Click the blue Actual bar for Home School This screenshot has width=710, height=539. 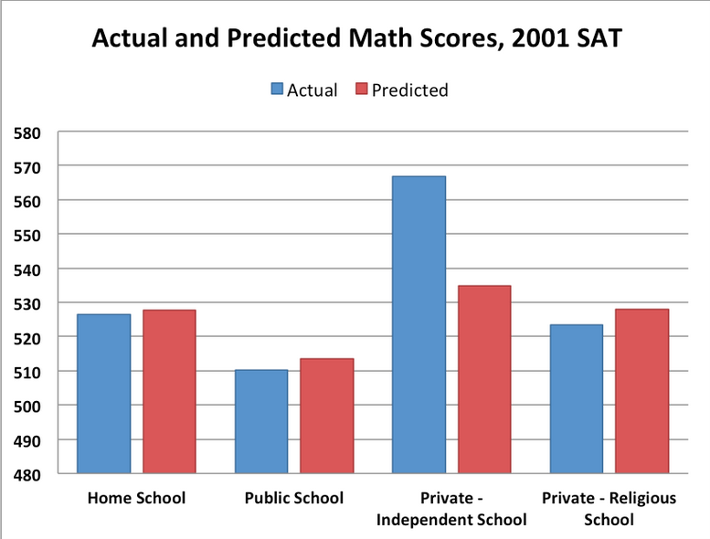point(103,394)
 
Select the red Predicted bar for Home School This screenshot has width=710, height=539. point(169,392)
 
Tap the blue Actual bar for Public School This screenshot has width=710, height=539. point(261,421)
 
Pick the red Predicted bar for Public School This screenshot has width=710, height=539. point(327,416)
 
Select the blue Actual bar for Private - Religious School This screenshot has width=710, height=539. point(577,399)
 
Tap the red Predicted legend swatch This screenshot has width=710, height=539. point(361,90)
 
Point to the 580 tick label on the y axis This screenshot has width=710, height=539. point(28,132)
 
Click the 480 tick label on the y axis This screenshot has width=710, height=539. point(28,474)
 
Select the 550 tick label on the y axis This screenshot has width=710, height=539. point(28,235)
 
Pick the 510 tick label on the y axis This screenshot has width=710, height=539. point(28,372)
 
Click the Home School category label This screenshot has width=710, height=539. point(136,499)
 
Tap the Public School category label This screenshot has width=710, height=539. point(294,499)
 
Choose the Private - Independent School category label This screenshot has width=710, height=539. point(452,509)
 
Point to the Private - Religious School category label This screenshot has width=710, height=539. point(609,509)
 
